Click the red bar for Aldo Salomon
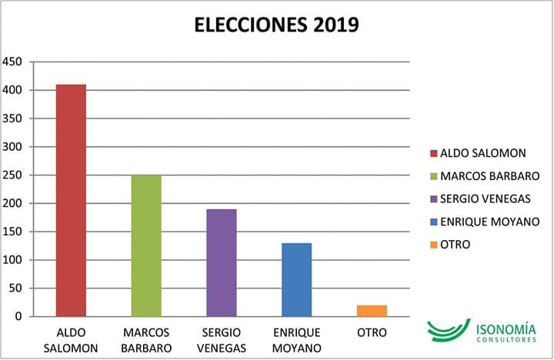coord(71,200)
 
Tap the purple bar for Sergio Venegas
coord(222,262)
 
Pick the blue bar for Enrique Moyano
coord(296,279)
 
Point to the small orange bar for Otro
coord(372,311)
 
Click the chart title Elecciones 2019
coord(276,25)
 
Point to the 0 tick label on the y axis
coord(21,317)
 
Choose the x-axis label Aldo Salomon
coord(71,340)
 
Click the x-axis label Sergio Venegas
coord(222,340)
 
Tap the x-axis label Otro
coord(372,333)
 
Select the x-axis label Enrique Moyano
coord(296,340)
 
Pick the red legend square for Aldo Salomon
coord(434,153)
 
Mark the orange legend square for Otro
coord(434,245)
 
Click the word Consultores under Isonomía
coord(505,340)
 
